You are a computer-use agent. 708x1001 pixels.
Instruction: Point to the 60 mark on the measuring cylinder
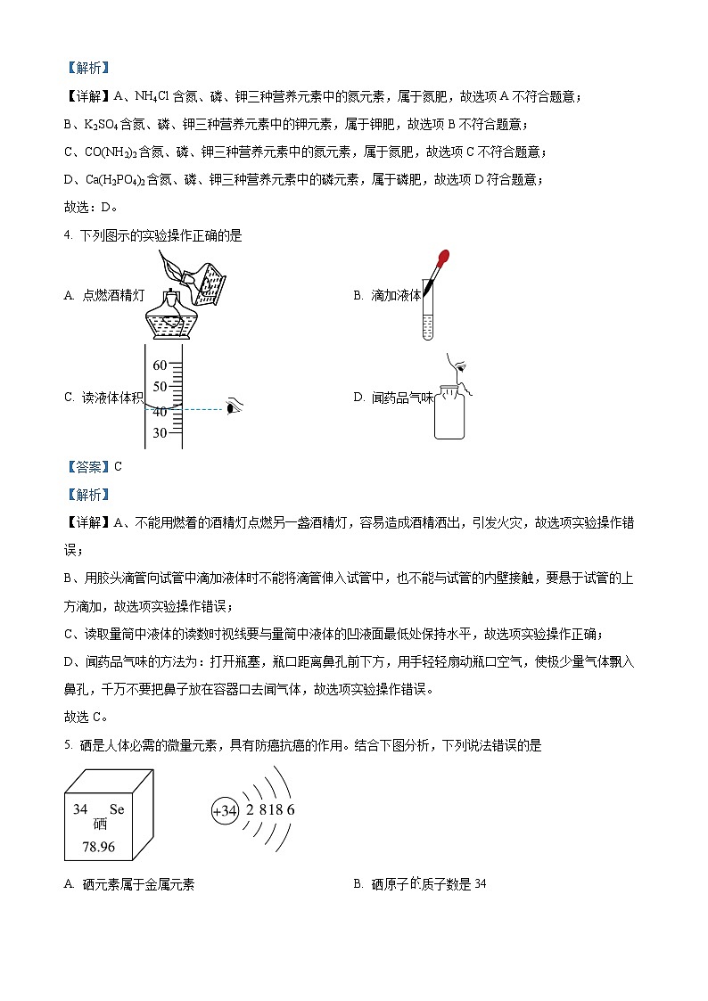(x=161, y=365)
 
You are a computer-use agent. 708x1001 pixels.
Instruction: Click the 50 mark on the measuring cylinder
(x=161, y=387)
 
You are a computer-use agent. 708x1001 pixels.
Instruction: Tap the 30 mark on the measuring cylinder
(x=161, y=433)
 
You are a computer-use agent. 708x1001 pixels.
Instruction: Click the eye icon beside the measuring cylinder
(x=235, y=408)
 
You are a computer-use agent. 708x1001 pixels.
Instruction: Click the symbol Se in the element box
(x=116, y=809)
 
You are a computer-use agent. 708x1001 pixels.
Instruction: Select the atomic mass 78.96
(x=99, y=847)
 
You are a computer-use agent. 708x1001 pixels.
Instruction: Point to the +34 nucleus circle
(x=226, y=811)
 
